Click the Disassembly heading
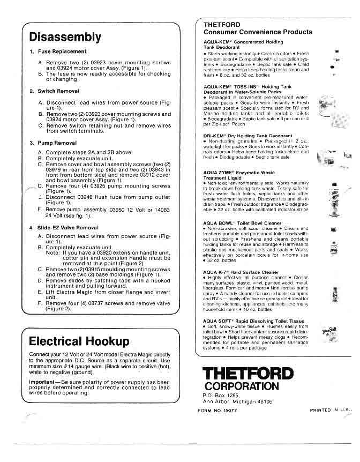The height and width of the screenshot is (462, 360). (x=65, y=37)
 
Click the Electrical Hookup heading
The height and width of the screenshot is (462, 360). (x=79, y=341)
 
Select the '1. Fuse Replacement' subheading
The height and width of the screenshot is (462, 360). (x=58, y=51)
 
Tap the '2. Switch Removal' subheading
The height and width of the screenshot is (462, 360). (x=55, y=91)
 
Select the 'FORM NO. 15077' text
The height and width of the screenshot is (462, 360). (x=218, y=410)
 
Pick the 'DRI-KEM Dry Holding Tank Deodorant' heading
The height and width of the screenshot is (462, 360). (x=241, y=136)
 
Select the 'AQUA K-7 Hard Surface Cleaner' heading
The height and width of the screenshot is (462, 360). (x=241, y=272)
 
